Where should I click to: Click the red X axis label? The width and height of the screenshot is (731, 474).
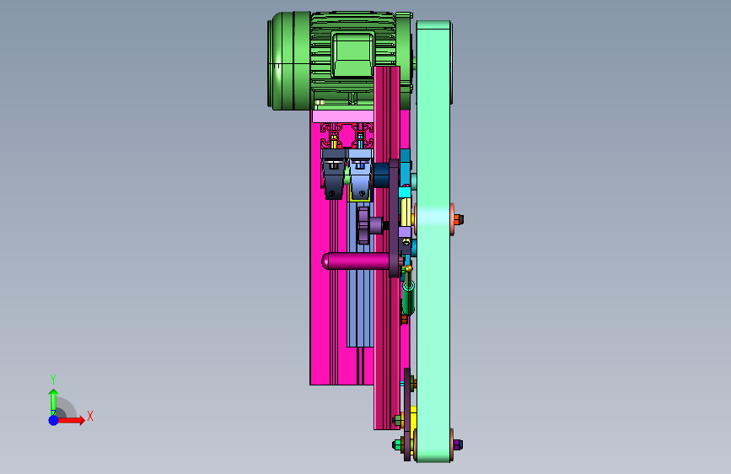tap(90, 416)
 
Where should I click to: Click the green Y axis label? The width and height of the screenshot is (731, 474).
tap(53, 380)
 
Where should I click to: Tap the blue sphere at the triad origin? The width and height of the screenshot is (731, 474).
tap(54, 420)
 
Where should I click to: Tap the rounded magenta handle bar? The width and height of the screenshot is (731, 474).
tap(357, 261)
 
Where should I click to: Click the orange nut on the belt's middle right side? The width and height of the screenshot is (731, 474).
tap(459, 219)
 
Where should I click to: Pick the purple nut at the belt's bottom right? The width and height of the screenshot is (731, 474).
tap(458, 444)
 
